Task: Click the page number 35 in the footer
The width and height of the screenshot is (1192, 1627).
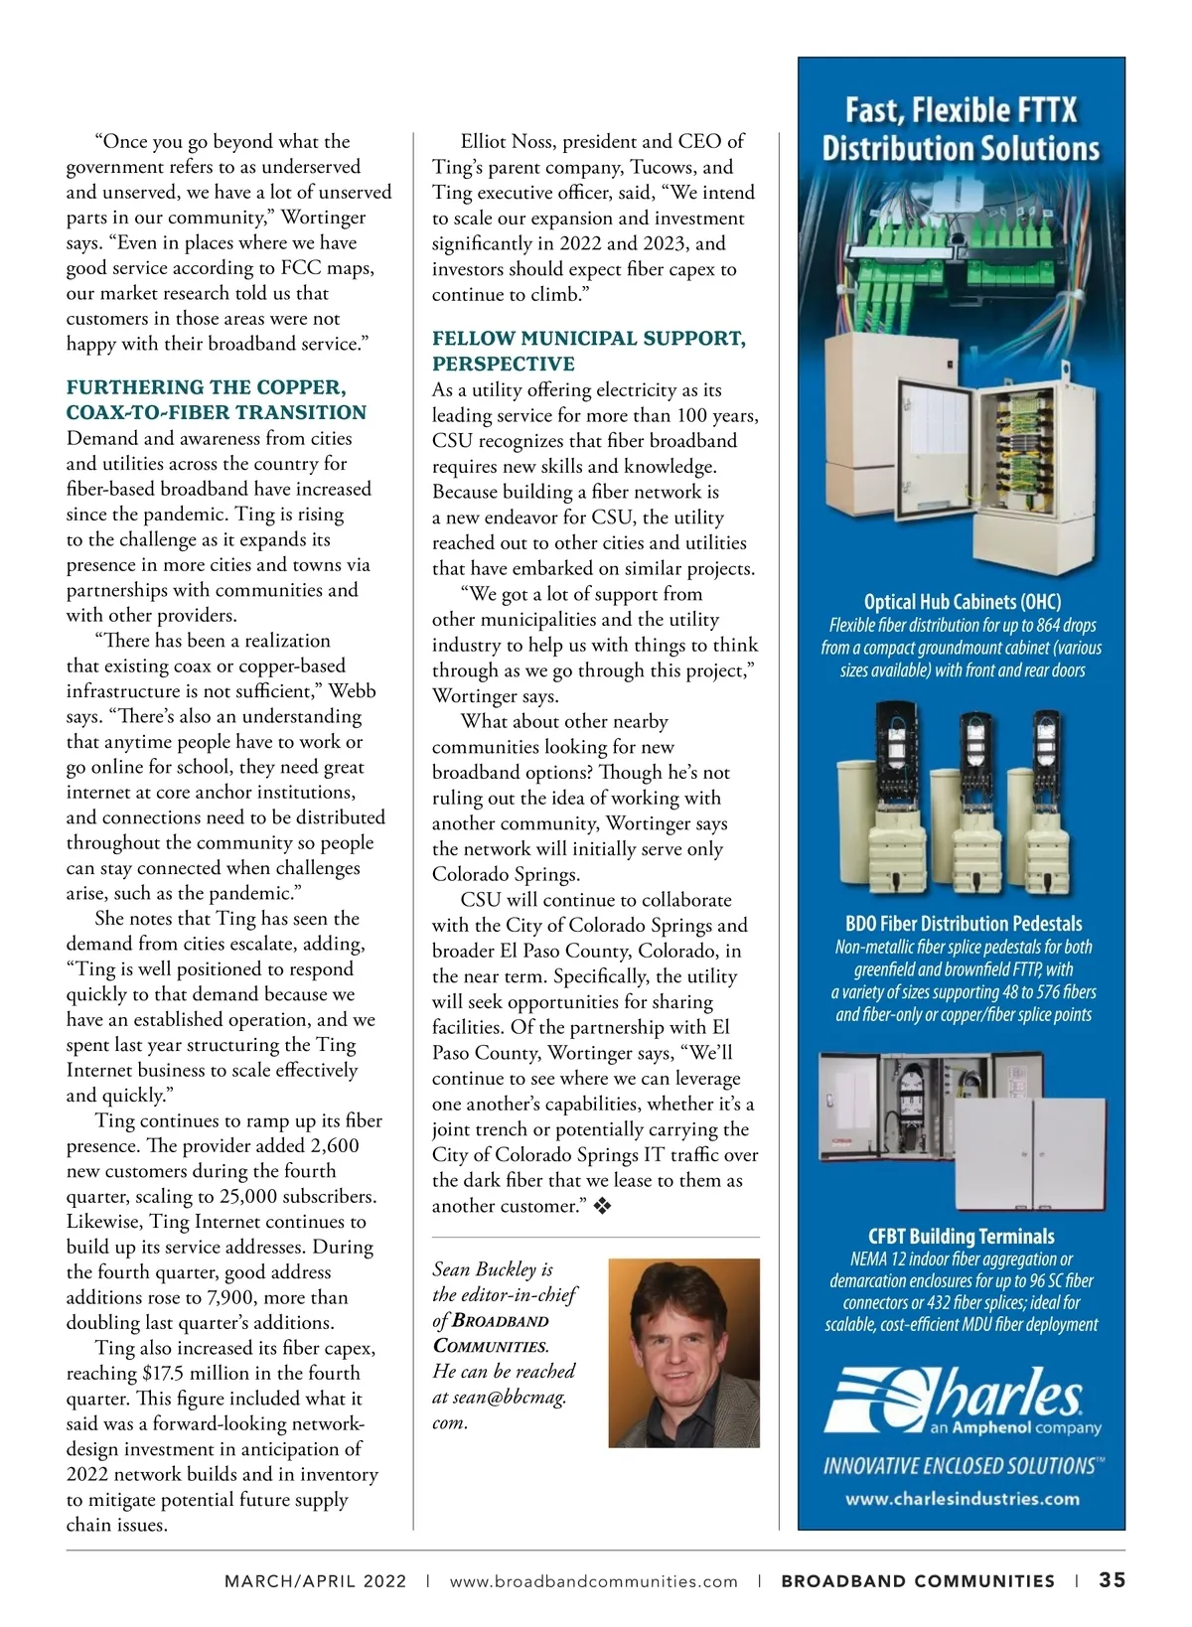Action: point(1112,1580)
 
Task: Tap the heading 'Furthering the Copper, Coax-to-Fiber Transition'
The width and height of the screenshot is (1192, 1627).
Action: point(217,400)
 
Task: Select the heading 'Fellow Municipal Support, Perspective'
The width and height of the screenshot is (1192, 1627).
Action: point(588,352)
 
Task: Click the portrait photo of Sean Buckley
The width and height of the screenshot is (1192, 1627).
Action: point(683,1353)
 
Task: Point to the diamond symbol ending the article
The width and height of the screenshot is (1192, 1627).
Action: point(602,1207)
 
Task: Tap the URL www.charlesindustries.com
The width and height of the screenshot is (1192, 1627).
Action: point(962,1499)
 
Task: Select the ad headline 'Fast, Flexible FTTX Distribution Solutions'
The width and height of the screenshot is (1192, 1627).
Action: point(961,129)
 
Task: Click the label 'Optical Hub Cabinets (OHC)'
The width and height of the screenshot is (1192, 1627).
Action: point(962,602)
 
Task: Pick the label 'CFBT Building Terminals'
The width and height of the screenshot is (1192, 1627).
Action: point(961,1237)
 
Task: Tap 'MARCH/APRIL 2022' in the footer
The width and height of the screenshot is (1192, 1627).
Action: point(315,1581)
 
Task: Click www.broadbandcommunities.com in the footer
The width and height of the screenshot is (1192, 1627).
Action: point(593,1581)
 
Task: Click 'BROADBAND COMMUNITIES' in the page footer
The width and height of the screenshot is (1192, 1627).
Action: point(918,1581)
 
